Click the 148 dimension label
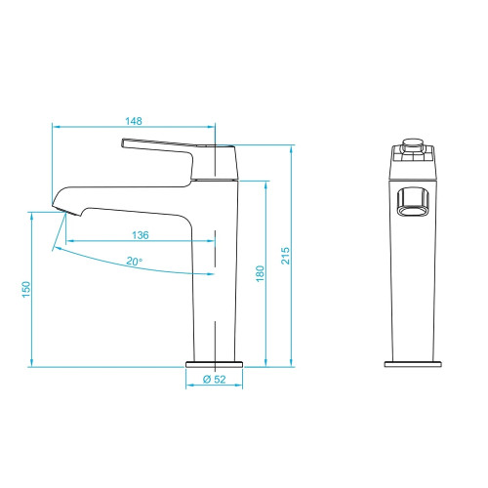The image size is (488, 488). click(x=134, y=121)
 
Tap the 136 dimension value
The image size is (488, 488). click(x=141, y=235)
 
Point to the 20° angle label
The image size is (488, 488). click(x=135, y=261)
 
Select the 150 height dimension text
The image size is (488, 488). click(x=26, y=289)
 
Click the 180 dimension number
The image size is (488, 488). click(x=260, y=273)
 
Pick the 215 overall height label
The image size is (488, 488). click(x=285, y=256)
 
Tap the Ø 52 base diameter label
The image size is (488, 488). click(x=214, y=379)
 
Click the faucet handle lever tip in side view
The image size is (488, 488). click(x=123, y=143)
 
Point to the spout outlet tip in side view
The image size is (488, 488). click(x=65, y=210)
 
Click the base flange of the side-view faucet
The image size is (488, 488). click(x=215, y=364)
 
